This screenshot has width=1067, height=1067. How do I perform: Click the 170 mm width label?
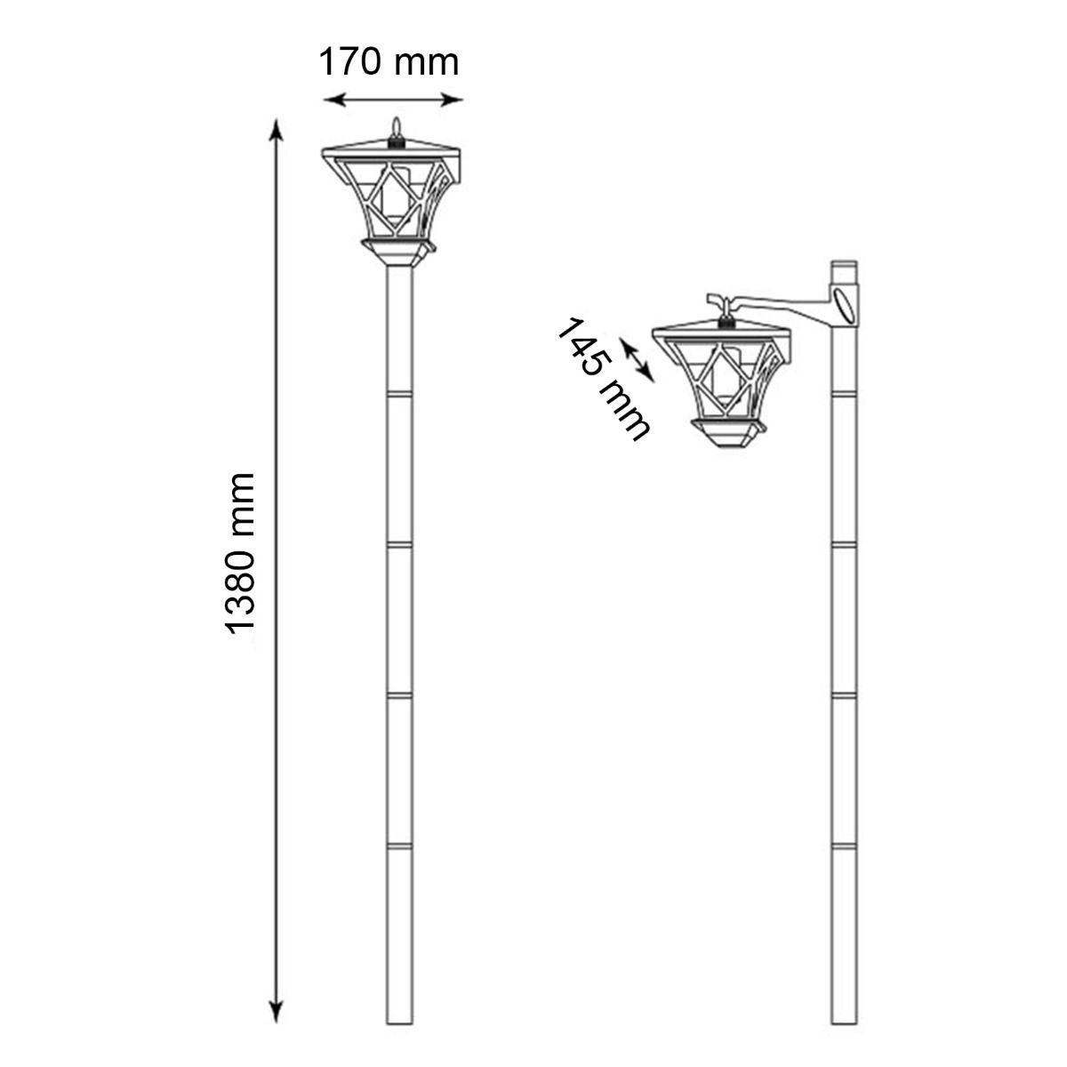[389, 62]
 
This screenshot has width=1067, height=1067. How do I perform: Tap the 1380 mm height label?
[240, 553]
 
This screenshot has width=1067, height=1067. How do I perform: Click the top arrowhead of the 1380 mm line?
[277, 130]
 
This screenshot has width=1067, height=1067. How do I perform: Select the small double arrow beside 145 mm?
[637, 360]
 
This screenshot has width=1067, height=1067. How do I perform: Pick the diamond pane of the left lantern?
[392, 195]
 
